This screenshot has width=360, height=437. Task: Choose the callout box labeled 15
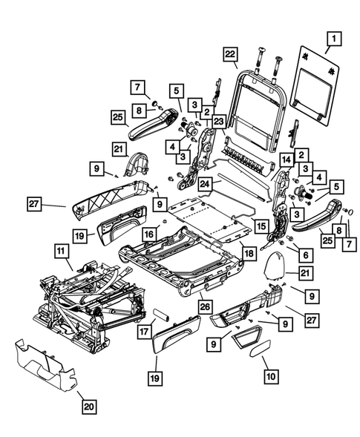coord(260,224)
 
